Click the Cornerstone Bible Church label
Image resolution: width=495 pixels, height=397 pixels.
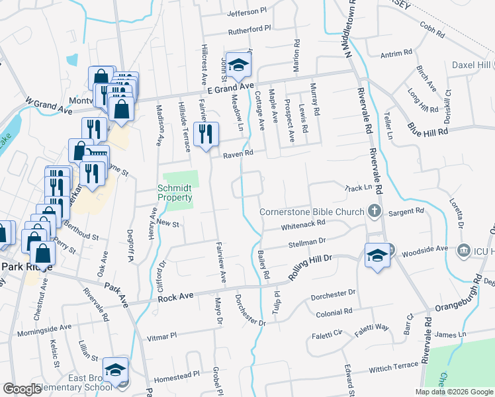pos(312,212)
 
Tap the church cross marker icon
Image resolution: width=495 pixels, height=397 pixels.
pos(375,212)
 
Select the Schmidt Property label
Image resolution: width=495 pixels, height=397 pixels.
pos(175,193)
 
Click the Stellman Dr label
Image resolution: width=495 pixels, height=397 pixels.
pos(308,243)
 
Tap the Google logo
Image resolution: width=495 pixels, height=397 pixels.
pos(22,389)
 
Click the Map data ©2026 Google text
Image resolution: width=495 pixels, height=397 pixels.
pos(453,392)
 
